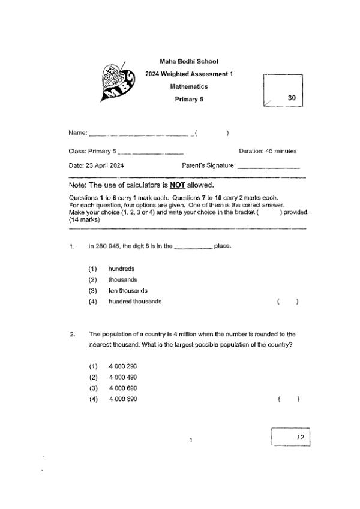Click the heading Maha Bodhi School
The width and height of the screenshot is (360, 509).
coord(189,61)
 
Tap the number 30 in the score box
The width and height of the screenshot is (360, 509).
coord(292,97)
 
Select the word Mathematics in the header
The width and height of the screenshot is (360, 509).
coord(189,86)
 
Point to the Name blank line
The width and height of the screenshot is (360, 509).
coord(141,134)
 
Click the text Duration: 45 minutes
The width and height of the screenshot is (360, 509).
coord(268,151)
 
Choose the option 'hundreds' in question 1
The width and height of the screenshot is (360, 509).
coord(121,269)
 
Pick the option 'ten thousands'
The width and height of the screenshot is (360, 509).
coord(128,291)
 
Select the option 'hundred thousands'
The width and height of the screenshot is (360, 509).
coord(135,302)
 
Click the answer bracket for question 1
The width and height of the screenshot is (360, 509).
coord(288,302)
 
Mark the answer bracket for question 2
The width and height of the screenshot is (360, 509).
coord(288,399)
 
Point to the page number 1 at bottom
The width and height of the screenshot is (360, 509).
coord(190,441)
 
